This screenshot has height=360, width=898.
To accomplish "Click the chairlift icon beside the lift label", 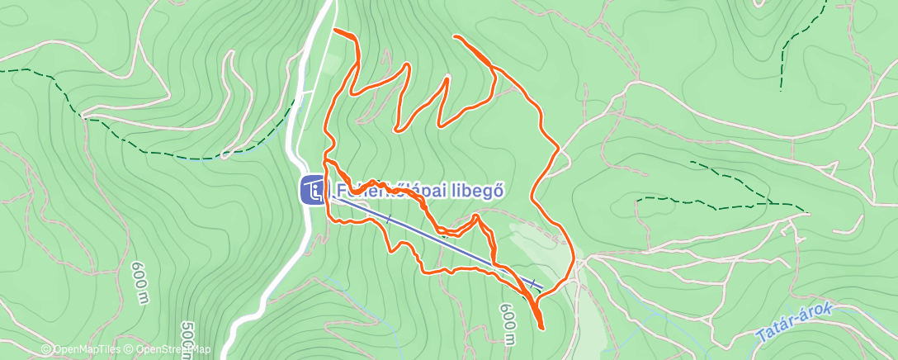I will (312, 192).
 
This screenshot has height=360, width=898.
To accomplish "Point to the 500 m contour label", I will (186, 339).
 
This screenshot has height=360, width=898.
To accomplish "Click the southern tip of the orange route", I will (541, 327).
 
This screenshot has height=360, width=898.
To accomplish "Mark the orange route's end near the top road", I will (335, 31).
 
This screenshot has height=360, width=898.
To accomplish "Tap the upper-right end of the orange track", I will (456, 37).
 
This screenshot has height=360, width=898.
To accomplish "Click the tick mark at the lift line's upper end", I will (535, 285).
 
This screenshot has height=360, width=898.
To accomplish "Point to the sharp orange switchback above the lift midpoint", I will (477, 216).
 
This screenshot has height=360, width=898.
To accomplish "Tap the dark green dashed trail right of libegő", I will (718, 201).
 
